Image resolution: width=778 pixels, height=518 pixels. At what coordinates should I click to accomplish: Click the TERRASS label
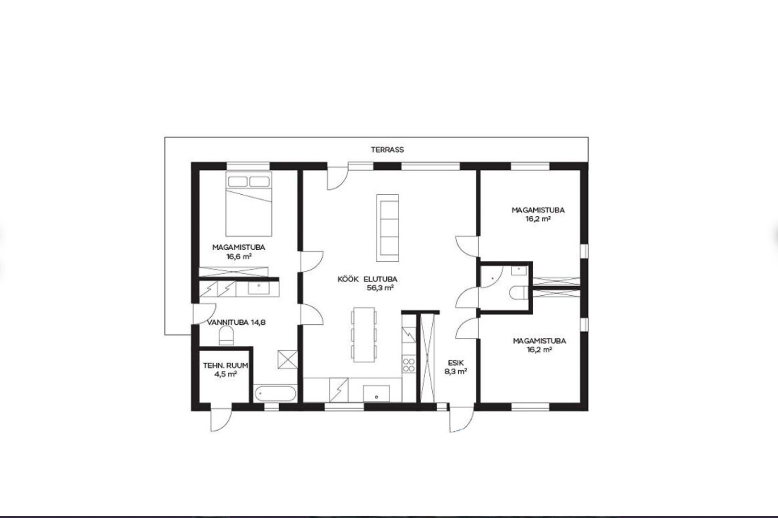coord(387,150)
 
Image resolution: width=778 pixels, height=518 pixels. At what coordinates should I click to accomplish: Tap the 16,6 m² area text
coord(239,257)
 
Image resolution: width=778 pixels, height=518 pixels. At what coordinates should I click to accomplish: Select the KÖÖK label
coord(348,279)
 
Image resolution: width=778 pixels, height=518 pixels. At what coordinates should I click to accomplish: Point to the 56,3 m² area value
coord(380,287)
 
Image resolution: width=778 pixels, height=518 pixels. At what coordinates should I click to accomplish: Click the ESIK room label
coord(456,363)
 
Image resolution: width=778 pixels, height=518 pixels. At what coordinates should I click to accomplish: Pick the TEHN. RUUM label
coord(226,365)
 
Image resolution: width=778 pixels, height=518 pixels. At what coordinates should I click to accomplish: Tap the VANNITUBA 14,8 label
coord(236,322)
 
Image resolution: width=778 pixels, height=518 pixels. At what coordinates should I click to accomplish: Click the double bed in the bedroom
coord(248,204)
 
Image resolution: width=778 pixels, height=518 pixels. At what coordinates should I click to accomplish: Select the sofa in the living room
coord(388,228)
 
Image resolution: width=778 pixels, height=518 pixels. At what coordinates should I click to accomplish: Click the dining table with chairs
coord(364,335)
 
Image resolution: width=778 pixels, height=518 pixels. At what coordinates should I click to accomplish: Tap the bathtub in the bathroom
coord(275,394)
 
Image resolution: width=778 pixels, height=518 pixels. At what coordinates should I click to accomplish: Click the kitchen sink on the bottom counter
coord(376,394)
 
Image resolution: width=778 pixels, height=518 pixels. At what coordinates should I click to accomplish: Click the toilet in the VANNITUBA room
coord(226,336)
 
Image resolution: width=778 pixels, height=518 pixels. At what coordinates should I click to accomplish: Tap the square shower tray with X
coord(288,359)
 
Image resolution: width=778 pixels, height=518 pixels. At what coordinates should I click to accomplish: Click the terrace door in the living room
coord(338,178)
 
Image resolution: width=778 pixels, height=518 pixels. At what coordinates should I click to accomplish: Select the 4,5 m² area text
coord(226,374)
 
